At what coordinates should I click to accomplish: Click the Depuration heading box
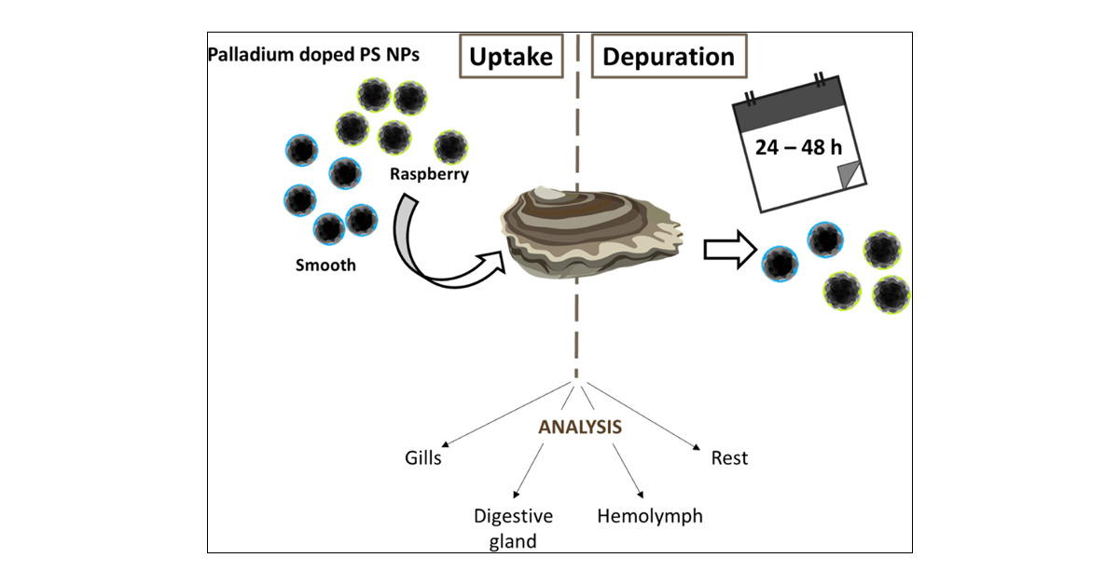(x=669, y=57)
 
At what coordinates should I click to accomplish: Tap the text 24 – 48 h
(x=790, y=147)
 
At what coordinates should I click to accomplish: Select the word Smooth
(x=325, y=265)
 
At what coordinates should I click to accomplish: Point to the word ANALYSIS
(x=580, y=428)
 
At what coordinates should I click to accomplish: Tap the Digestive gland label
(x=513, y=527)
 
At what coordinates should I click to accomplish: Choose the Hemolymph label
(x=650, y=515)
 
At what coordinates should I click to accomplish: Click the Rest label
(x=729, y=458)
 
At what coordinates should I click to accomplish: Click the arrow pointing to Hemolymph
(x=627, y=471)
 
